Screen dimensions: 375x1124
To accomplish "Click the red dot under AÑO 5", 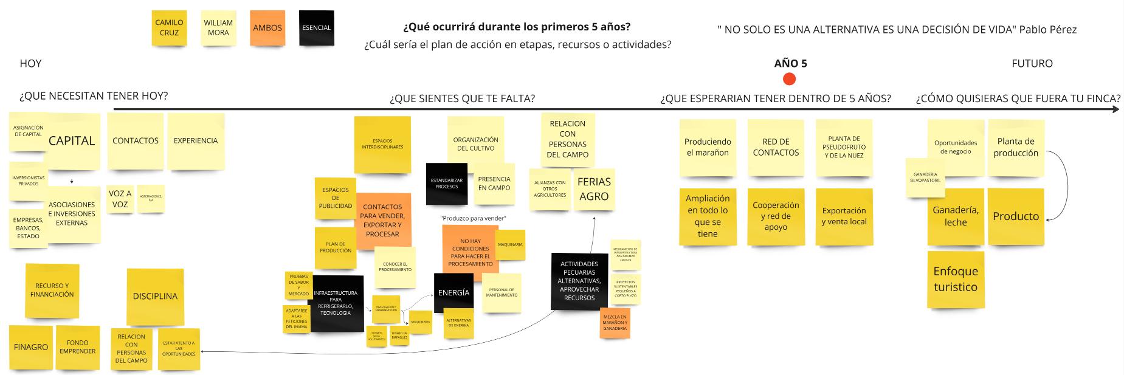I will (x=790, y=79).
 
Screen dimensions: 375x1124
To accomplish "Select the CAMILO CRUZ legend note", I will (x=169, y=28).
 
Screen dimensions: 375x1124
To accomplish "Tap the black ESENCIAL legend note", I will (x=317, y=28).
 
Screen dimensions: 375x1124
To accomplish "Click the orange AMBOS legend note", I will (x=267, y=28).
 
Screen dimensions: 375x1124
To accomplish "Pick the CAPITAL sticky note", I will (x=72, y=141).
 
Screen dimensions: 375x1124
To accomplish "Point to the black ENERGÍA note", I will (x=453, y=293).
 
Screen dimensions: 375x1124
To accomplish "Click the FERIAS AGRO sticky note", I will (x=594, y=189).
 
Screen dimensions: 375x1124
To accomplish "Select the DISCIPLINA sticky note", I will (x=155, y=297).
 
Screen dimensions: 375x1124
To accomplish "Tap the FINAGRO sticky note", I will (x=31, y=347).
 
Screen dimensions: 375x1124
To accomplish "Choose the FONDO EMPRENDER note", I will (x=78, y=347).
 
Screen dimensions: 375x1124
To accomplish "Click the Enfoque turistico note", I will (x=955, y=279).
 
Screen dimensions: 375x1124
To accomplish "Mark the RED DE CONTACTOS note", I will (x=776, y=148).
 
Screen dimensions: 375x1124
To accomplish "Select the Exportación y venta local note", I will (x=844, y=216).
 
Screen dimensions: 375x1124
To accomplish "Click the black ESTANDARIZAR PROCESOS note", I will (x=447, y=184).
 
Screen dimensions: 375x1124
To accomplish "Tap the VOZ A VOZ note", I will (x=120, y=199).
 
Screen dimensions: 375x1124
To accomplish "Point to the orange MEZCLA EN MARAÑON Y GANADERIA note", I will (x=615, y=323).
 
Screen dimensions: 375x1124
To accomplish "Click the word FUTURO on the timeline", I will (x=1032, y=63).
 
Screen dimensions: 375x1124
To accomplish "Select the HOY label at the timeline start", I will (x=31, y=63).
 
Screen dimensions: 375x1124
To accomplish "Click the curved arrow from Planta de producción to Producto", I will (x=1067, y=182).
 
